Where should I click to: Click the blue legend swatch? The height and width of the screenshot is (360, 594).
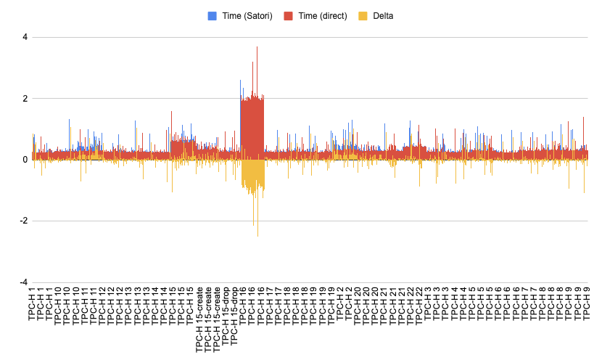tap(212, 15)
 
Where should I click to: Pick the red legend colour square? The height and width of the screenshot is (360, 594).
tap(288, 15)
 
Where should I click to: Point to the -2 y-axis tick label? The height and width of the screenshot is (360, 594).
tap(22, 221)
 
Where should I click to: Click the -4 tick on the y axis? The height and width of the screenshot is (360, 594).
tap(22, 282)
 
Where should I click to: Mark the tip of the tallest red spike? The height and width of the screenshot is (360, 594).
tap(257, 48)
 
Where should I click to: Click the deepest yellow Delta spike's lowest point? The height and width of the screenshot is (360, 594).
tap(257, 235)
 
